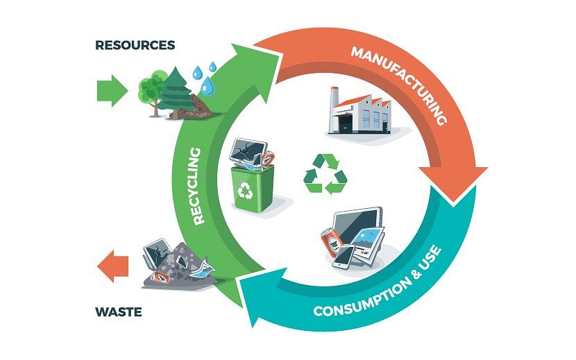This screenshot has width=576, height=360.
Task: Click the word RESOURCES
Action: (x=135, y=46)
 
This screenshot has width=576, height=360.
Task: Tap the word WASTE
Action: (x=118, y=312)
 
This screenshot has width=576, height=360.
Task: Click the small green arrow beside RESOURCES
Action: (x=111, y=89)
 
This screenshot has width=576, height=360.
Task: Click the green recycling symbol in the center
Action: (x=325, y=173)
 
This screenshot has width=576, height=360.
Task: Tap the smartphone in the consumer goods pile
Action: (x=344, y=257)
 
